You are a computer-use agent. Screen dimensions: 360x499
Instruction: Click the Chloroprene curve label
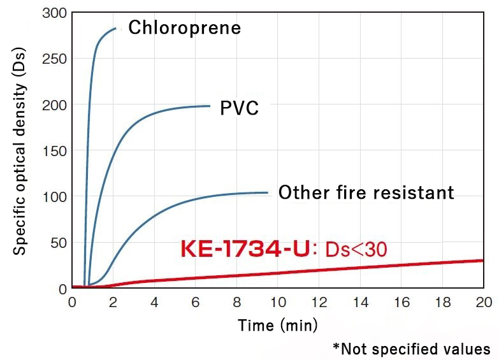coord(185,28)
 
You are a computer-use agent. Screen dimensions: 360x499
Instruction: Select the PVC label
coord(239,108)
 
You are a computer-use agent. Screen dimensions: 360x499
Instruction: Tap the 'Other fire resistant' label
coord(366,192)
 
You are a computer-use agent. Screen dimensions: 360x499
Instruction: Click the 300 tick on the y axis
coord(54,12)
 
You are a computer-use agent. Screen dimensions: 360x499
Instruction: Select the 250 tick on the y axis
coord(54,59)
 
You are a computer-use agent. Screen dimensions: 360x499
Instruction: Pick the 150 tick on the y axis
coord(54,151)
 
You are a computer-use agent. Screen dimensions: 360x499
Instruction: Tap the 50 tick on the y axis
coord(57,243)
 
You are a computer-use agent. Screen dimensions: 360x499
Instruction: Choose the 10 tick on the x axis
coord(278,301)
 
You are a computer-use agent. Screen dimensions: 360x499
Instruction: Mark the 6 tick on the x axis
coord(196,301)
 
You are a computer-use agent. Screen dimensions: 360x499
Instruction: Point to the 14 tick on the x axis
coord(360,301)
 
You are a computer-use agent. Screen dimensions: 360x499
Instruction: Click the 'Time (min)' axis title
coord(278,326)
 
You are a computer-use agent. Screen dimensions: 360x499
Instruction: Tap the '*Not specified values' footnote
coord(412,349)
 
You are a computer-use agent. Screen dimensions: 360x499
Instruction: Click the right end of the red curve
coord(483,260)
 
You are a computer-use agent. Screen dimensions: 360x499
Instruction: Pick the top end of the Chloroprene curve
coord(116,28)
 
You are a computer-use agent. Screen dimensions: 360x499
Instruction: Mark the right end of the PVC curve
coord(210,106)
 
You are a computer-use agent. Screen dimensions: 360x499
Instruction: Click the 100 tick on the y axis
coord(54,197)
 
